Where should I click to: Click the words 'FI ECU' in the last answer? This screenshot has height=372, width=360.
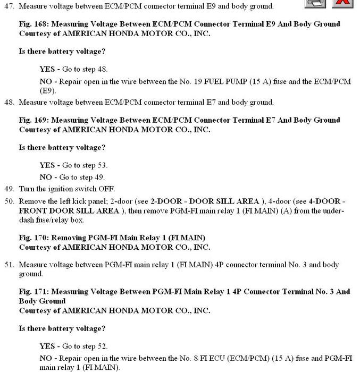[225, 358]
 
